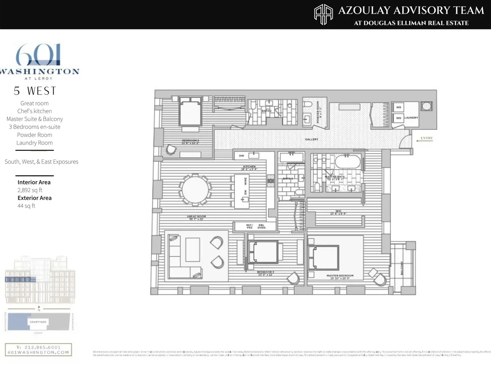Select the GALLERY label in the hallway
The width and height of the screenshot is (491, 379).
(311, 139)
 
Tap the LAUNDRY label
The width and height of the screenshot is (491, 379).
(411, 118)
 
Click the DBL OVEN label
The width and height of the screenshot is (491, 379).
(261, 227)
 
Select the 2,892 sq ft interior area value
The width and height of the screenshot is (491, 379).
(30, 190)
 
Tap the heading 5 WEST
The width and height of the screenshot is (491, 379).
(35, 91)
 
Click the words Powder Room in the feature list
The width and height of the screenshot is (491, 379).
(34, 135)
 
